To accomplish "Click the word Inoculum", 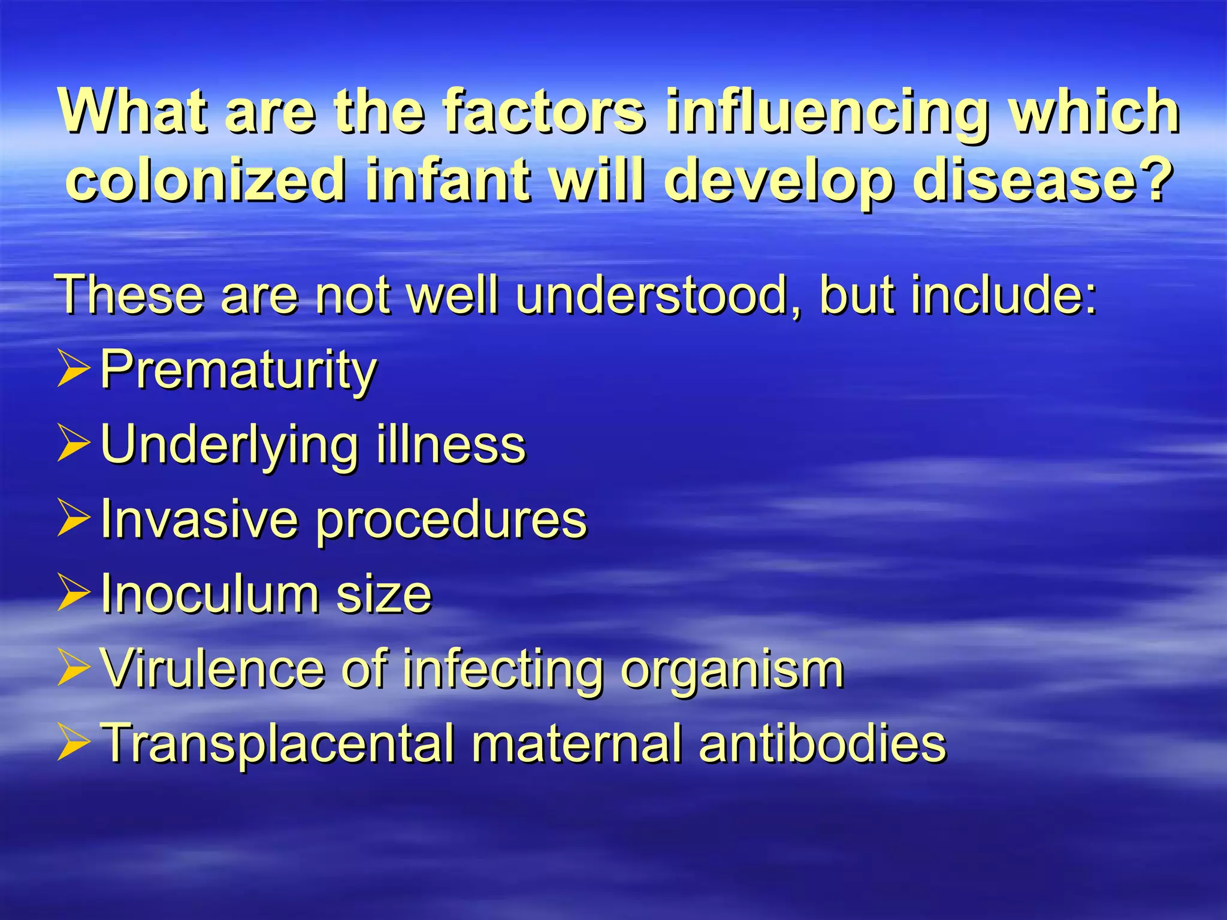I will (x=209, y=594).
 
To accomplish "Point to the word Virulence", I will (x=212, y=668).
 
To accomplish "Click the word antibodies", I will (x=822, y=743).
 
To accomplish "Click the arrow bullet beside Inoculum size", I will (x=74, y=593).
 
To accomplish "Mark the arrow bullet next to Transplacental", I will (x=74, y=743).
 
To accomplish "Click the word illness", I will (x=451, y=445).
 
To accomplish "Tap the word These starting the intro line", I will (x=131, y=295).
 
